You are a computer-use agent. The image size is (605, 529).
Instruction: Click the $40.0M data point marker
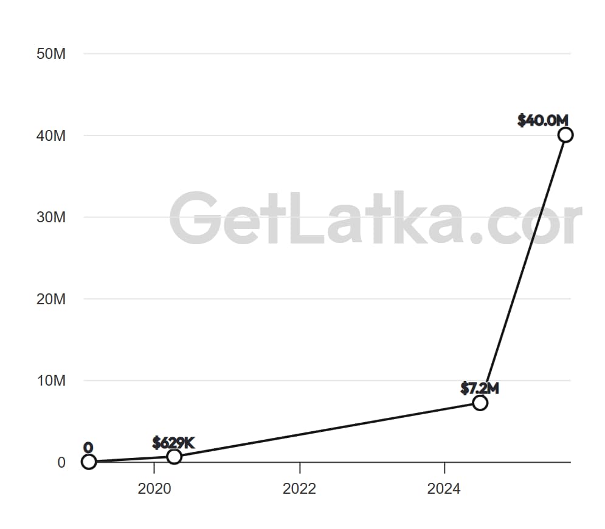point(565,135)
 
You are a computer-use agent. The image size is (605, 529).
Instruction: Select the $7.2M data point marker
point(480,403)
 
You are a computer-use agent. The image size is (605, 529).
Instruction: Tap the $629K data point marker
point(174,457)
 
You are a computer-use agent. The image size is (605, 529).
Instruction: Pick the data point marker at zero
point(89,462)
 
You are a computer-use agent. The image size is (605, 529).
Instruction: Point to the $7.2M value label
point(480,387)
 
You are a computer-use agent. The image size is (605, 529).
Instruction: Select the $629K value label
point(173,442)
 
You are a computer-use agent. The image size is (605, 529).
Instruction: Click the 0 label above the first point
point(88,448)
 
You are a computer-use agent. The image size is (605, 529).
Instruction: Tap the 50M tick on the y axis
point(51,53)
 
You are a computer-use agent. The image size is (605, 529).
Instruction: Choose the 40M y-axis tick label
point(51,135)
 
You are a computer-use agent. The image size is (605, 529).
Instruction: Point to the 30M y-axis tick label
point(51,217)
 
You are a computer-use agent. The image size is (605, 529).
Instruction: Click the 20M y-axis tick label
point(51,299)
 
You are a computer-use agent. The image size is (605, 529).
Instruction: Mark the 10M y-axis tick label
point(51,381)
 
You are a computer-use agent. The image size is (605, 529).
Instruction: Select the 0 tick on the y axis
point(61,462)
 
